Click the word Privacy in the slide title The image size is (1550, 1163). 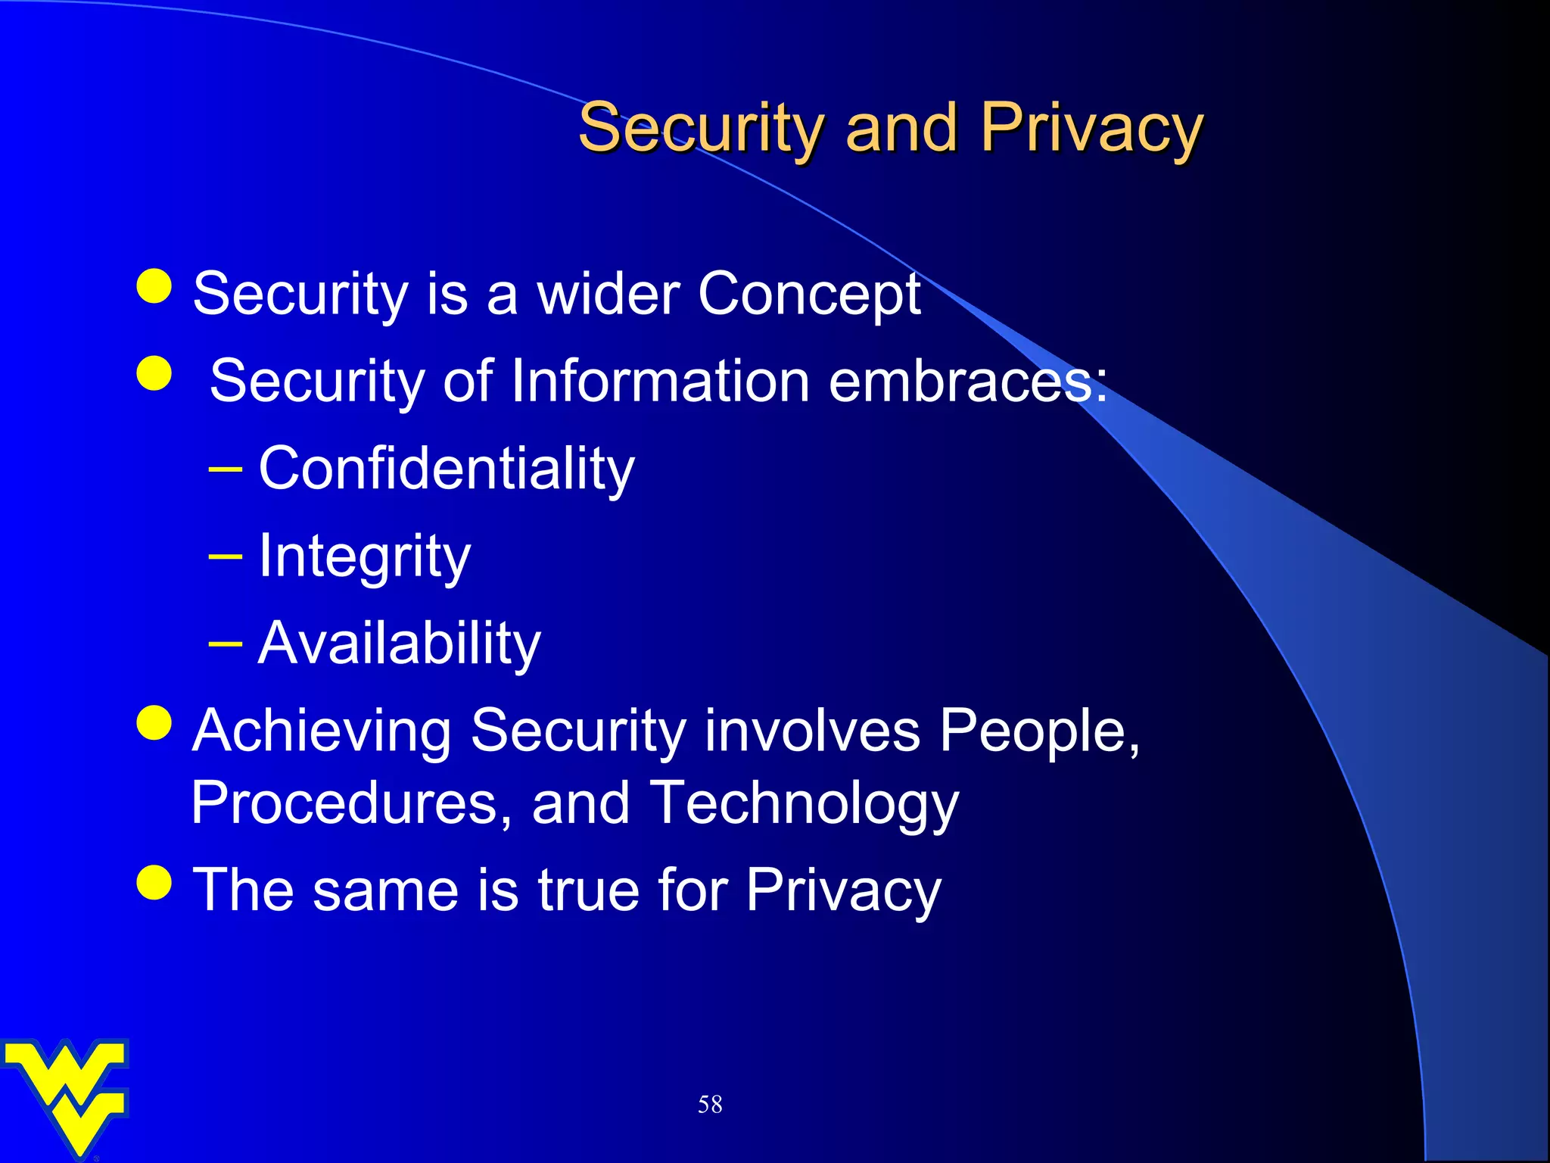tap(1091, 129)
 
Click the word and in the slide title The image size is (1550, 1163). tap(901, 129)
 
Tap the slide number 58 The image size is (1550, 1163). tap(710, 1105)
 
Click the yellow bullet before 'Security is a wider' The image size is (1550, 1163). tap(155, 286)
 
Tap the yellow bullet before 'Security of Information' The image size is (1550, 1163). tap(155, 373)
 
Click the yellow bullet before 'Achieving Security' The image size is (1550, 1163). tap(155, 722)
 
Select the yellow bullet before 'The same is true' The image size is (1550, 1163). tap(155, 882)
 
